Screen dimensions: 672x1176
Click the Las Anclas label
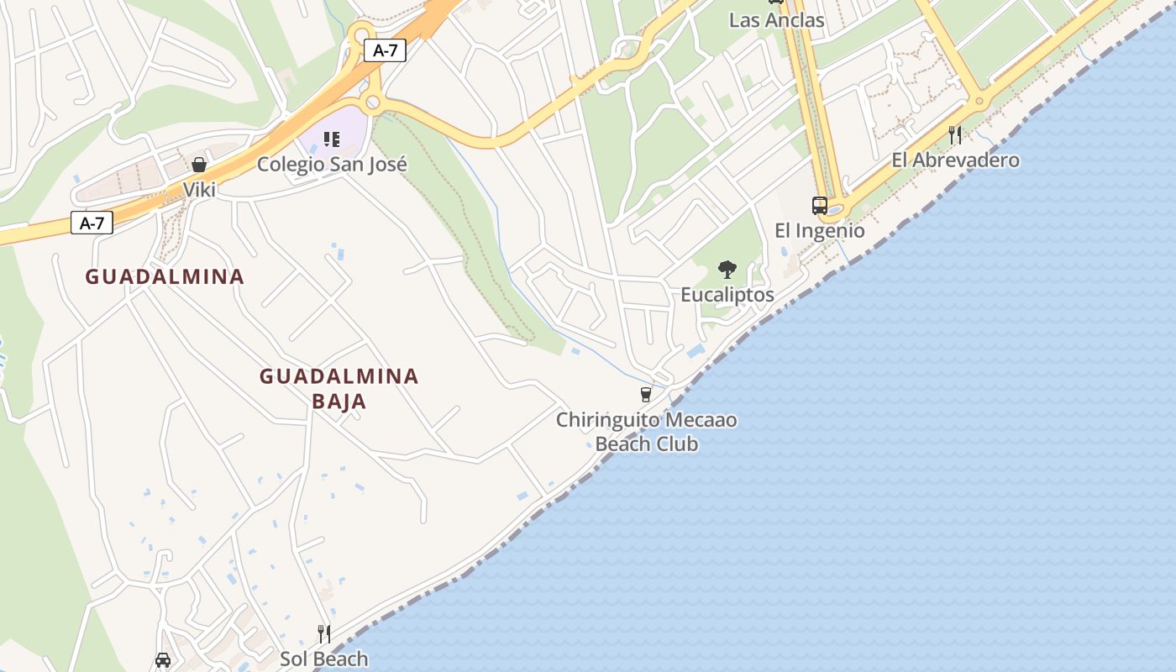pyautogui.click(x=776, y=19)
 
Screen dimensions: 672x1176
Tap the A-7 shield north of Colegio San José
pyautogui.click(x=386, y=50)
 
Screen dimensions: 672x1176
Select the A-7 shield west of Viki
pyautogui.click(x=92, y=223)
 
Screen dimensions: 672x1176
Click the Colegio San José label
pyautogui.click(x=332, y=164)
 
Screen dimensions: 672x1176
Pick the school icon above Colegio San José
pyautogui.click(x=332, y=139)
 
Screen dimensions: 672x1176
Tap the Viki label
pyautogui.click(x=200, y=189)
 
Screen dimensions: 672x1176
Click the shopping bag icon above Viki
pyautogui.click(x=199, y=165)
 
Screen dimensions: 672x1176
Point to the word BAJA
pyautogui.click(x=339, y=401)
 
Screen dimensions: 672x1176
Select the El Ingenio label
pyautogui.click(x=819, y=230)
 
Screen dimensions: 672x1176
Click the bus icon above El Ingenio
pyautogui.click(x=819, y=206)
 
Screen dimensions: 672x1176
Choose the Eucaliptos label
pyautogui.click(x=727, y=295)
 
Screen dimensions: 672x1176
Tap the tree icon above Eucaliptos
pyautogui.click(x=727, y=270)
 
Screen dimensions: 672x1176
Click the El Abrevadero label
pyautogui.click(x=955, y=160)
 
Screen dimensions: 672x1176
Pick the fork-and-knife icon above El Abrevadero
pyautogui.click(x=954, y=134)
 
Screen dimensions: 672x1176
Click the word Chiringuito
pyautogui.click(x=606, y=419)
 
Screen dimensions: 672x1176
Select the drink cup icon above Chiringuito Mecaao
pyautogui.click(x=645, y=394)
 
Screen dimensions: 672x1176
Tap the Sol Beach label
pyautogui.click(x=323, y=659)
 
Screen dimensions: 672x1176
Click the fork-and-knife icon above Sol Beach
pyautogui.click(x=324, y=633)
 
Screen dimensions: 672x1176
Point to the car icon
pyautogui.click(x=163, y=661)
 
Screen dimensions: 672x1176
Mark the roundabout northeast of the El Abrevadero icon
pyautogui.click(x=979, y=102)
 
